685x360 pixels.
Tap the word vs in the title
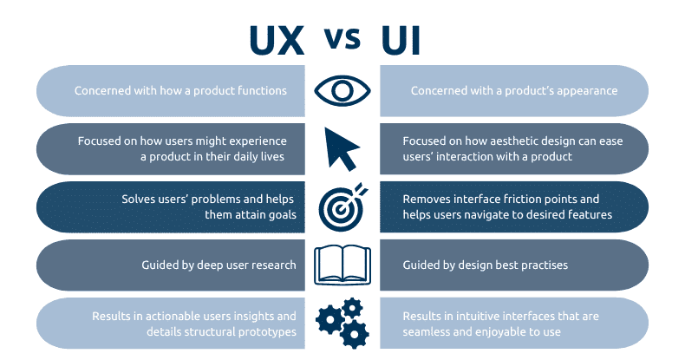(342, 39)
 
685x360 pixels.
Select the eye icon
(342, 90)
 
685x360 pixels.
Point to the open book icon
(342, 264)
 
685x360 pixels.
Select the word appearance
(584, 90)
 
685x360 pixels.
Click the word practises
(538, 265)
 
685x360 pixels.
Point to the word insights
(247, 316)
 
